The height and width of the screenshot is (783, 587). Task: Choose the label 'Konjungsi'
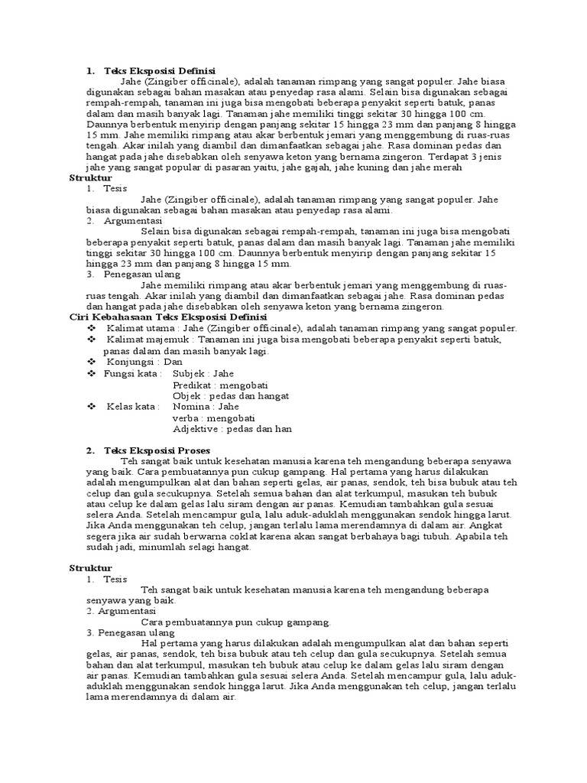129,361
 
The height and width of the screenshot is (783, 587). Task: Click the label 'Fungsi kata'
133,373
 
